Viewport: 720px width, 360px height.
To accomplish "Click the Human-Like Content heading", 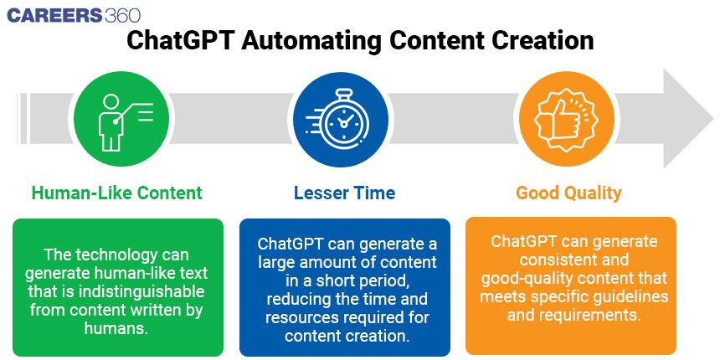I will click(116, 193).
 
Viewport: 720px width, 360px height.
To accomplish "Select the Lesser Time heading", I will click(344, 193).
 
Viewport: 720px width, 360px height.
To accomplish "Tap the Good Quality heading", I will click(568, 193).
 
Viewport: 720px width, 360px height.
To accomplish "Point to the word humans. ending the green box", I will click(116, 328).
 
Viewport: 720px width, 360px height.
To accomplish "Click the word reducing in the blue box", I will click(296, 300).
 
